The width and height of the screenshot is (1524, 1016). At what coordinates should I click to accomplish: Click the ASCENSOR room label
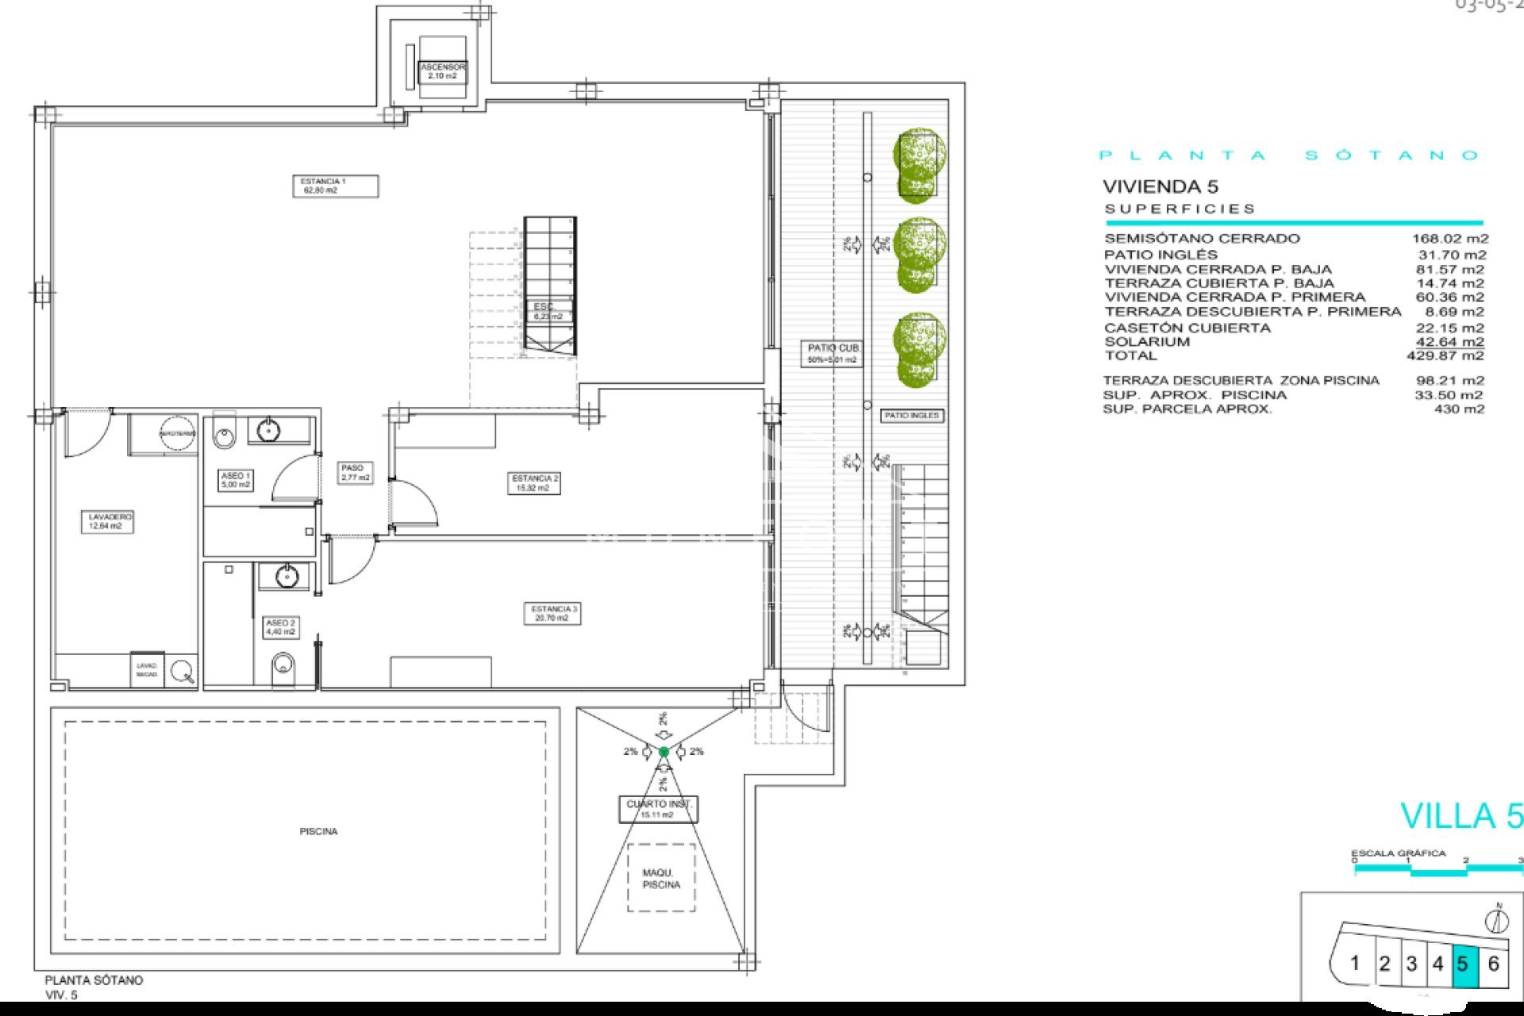442,71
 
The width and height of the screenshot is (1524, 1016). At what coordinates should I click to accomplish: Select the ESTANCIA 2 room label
534,483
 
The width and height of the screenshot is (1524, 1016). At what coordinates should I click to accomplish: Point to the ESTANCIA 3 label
553,614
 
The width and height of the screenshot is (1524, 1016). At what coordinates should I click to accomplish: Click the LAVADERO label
107,521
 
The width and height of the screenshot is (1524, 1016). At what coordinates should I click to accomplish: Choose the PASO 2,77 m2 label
354,473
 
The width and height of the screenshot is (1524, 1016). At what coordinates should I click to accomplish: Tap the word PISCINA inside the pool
318,831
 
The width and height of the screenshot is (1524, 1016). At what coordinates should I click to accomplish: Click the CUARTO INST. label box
658,809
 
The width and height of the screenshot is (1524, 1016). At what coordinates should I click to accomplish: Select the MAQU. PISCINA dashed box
661,878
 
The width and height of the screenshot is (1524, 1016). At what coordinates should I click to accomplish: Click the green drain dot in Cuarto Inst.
664,752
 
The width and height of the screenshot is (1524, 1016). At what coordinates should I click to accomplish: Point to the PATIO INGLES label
911,416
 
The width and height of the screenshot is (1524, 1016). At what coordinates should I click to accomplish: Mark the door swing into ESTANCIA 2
417,502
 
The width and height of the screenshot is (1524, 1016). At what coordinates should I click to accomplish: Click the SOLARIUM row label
1147,342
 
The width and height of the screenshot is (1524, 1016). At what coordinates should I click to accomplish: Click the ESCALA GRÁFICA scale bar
1437,871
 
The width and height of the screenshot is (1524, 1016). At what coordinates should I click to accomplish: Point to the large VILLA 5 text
1460,816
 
